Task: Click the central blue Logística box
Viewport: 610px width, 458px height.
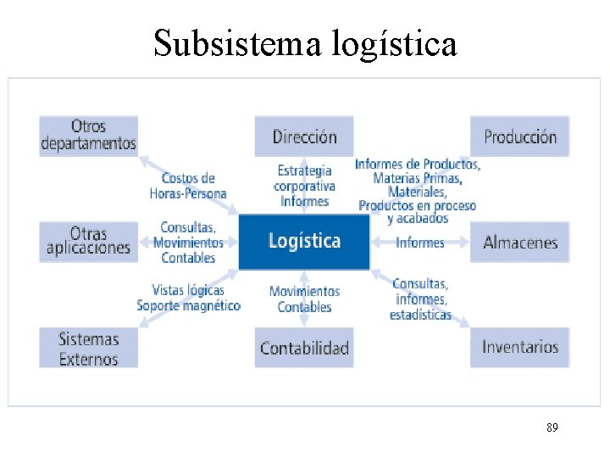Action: click(x=304, y=242)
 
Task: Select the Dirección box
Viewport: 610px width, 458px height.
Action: click(x=304, y=137)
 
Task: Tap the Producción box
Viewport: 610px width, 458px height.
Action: click(x=519, y=137)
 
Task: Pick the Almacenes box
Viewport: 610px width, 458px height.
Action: click(x=519, y=243)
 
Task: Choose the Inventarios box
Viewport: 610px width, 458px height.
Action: click(x=519, y=347)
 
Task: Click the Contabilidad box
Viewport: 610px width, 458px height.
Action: click(x=304, y=348)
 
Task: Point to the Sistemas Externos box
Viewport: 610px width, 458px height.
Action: click(x=89, y=348)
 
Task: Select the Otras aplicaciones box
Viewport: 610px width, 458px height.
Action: click(x=89, y=241)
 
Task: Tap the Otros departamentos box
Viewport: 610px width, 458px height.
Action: click(x=89, y=136)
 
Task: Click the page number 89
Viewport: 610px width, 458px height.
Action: click(x=552, y=428)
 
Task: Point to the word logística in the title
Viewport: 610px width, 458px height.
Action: click(x=395, y=45)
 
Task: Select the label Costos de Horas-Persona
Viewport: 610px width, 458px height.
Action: click(x=188, y=186)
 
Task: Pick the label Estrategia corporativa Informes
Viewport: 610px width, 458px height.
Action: click(x=304, y=186)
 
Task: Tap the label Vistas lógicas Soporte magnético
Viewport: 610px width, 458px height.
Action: click(x=188, y=298)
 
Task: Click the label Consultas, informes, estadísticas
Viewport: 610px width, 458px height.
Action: click(x=420, y=299)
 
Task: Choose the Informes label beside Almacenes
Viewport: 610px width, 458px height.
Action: click(x=420, y=243)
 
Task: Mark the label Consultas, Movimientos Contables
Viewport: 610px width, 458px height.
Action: click(x=188, y=243)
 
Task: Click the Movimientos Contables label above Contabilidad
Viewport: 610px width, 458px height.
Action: click(x=304, y=299)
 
